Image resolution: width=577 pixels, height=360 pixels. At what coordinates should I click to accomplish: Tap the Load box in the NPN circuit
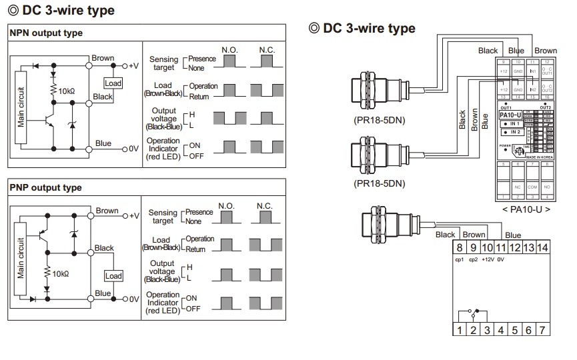pos(113,83)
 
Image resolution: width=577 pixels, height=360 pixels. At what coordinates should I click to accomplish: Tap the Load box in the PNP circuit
pos(113,275)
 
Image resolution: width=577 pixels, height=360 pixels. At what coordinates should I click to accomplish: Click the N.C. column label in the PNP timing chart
pos(265,207)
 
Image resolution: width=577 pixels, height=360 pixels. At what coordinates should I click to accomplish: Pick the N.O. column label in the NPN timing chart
pos(231,51)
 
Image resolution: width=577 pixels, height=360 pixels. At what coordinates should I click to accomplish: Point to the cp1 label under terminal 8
pos(459,260)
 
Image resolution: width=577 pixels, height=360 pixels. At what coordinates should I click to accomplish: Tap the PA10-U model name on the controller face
pos(510,115)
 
